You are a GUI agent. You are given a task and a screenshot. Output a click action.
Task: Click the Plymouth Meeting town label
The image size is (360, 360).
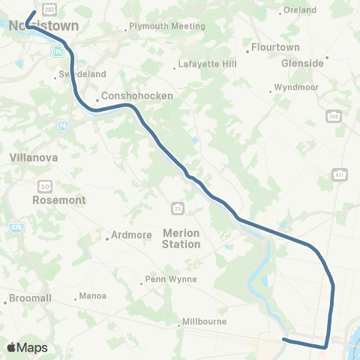pyautogui.click(x=166, y=25)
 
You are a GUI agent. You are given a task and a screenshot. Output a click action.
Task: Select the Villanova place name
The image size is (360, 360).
pyautogui.click(x=32, y=159)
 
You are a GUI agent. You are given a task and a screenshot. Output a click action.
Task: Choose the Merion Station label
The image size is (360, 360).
pyautogui.click(x=181, y=239)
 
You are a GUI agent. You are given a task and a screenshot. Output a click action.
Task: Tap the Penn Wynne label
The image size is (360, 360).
pyautogui.click(x=172, y=279)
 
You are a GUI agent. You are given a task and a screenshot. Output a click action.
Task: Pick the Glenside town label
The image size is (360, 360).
pyautogui.click(x=302, y=63)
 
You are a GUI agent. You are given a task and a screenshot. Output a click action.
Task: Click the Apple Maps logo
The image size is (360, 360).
pyautogui.click(x=27, y=347)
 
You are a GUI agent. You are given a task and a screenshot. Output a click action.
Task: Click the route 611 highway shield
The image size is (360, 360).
pyautogui.click(x=340, y=175)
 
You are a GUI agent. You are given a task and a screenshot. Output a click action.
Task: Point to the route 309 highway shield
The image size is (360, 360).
pyautogui.click(x=334, y=116)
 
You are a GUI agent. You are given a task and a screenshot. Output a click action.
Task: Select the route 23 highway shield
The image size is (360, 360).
pyautogui.click(x=177, y=206)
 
